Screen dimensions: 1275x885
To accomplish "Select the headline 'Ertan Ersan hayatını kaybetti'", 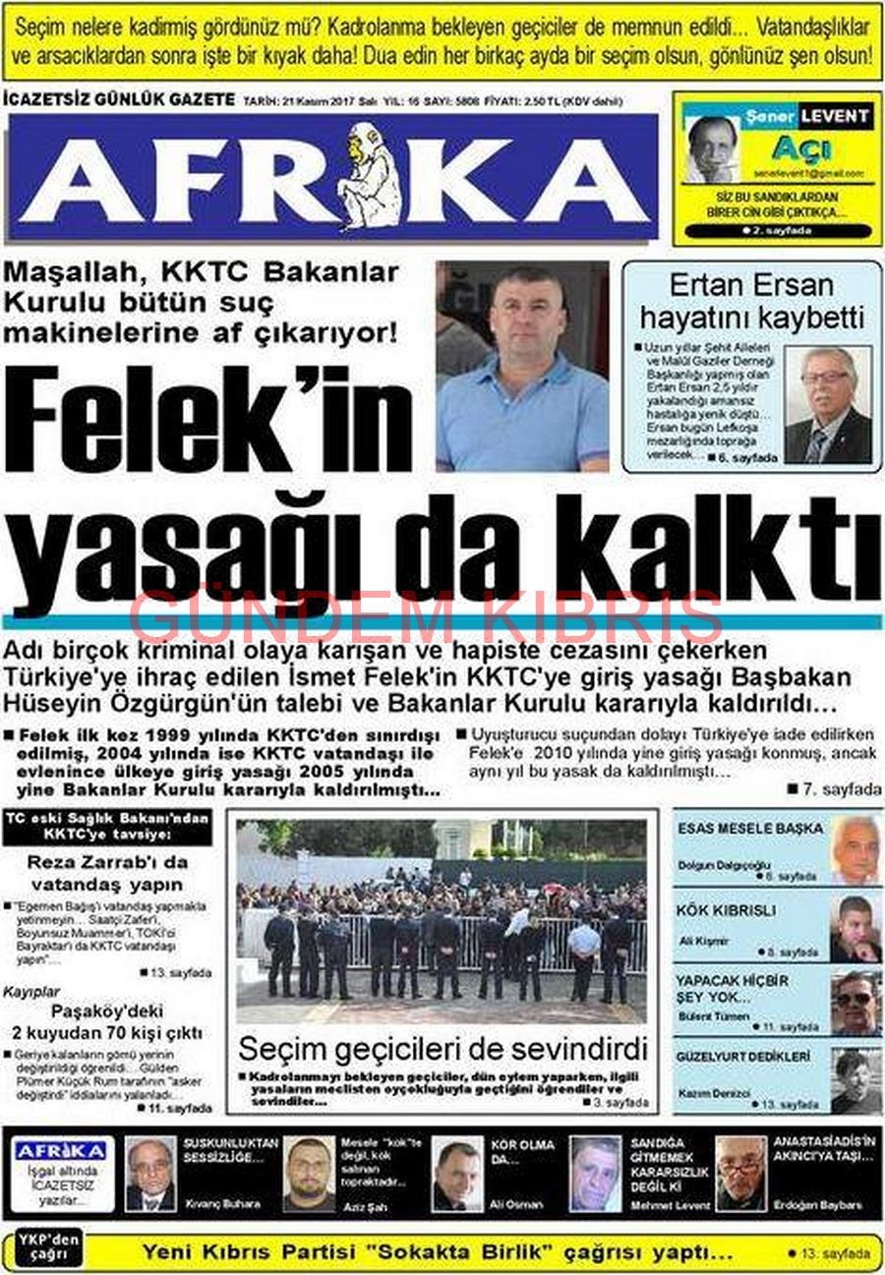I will [751, 301].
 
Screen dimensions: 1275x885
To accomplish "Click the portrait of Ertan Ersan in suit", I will [828, 405].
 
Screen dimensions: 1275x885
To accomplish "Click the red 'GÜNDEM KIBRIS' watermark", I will [426, 617].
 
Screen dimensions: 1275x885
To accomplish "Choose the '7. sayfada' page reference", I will [834, 788].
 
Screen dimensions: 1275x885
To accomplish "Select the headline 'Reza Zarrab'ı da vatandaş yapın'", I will [106, 872].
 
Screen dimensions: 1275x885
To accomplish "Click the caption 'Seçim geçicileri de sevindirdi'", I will [442, 1047].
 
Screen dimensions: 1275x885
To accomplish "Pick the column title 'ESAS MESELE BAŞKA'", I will [750, 829].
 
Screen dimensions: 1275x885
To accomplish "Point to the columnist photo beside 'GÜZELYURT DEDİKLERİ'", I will [855, 1080].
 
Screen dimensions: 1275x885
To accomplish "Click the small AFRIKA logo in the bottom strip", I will [62, 1151].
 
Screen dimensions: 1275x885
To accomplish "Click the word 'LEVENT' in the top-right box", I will [834, 116].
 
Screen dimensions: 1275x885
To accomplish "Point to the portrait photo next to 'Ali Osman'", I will [457, 1174].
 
